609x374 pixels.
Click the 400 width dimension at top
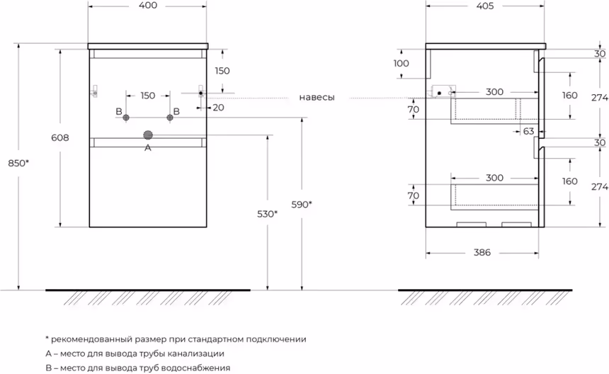coord(148,6)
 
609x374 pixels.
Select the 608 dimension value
coord(60,139)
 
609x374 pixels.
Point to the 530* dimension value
coord(267,214)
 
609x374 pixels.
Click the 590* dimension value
coord(300,205)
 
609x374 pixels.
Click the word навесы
coord(317,98)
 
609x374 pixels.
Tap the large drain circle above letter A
coord(148,135)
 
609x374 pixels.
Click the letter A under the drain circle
coord(148,148)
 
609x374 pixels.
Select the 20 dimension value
coord(217,107)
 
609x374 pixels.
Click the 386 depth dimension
coord(482,253)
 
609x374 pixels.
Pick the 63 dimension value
coord(528,131)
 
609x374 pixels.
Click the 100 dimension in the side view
coord(401,63)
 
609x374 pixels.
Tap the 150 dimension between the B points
coord(147,95)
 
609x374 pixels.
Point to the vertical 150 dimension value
coord(222,70)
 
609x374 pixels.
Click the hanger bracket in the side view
coord(443,91)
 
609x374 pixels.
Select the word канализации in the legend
coord(195,353)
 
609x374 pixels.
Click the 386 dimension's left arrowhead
coord(428,253)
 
